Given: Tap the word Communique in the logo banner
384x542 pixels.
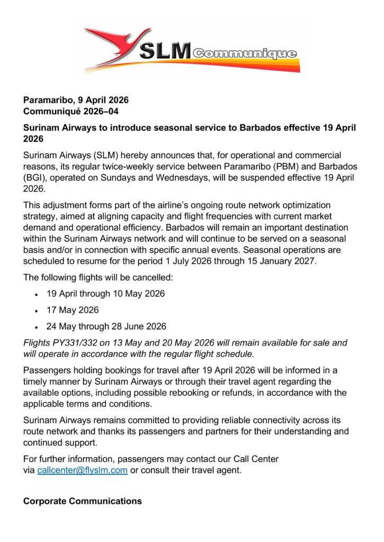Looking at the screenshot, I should click(x=245, y=53).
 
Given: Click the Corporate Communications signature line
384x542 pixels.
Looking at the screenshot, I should click(x=82, y=501).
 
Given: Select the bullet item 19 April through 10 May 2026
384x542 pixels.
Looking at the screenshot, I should click(x=105, y=293).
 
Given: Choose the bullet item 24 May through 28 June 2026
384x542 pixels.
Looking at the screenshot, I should click(x=106, y=327).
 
